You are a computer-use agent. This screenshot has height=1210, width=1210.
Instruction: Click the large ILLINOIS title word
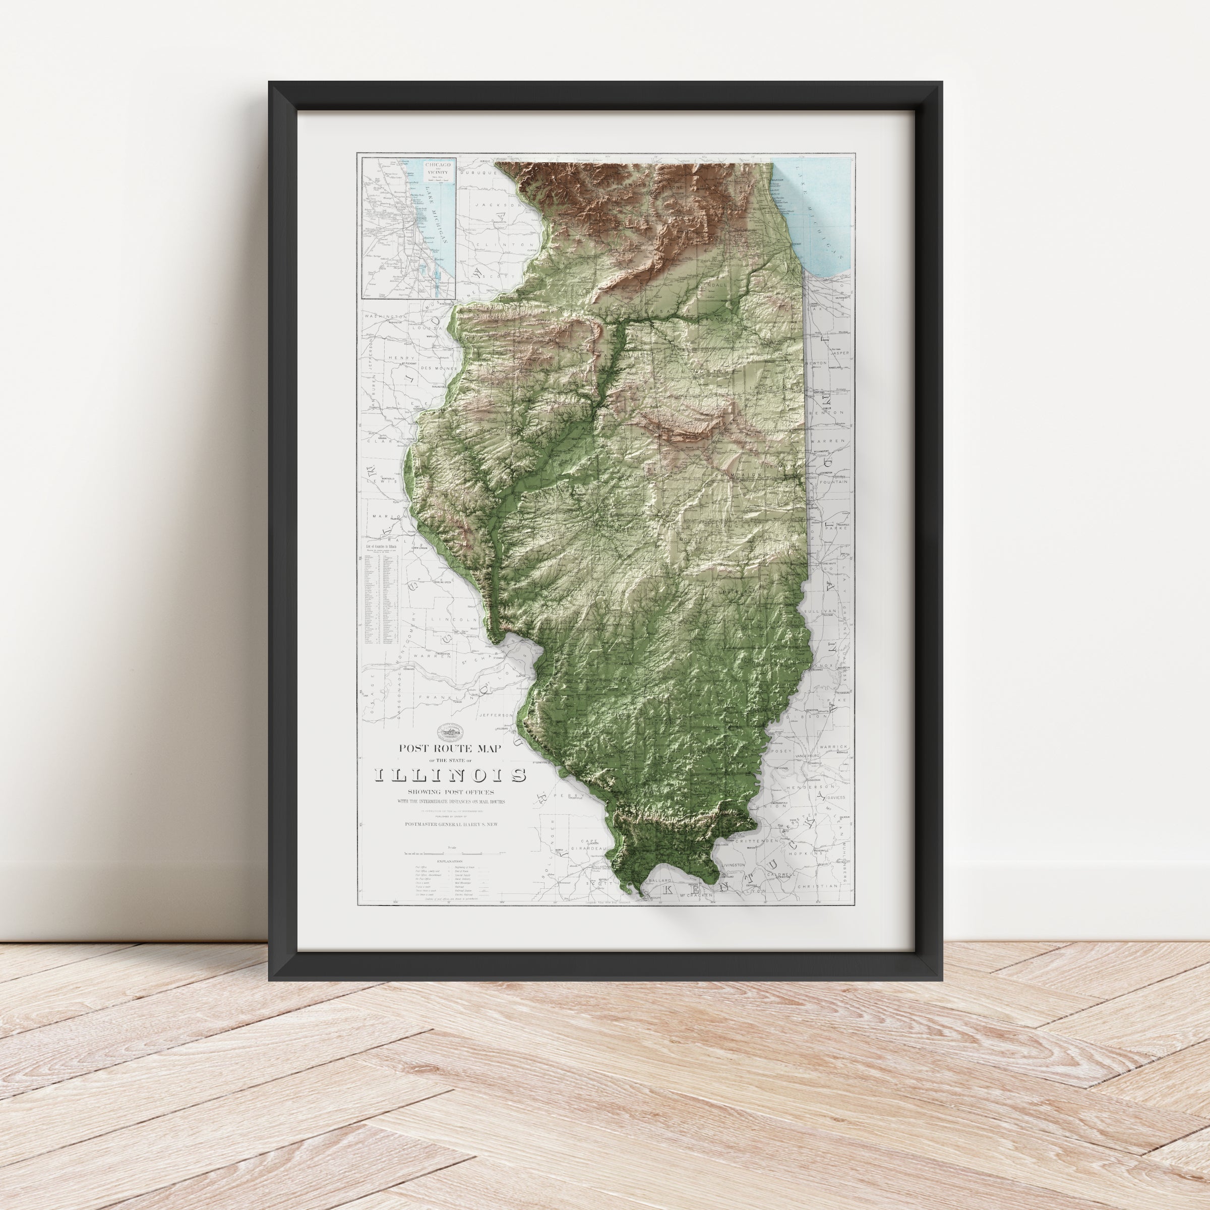(450, 776)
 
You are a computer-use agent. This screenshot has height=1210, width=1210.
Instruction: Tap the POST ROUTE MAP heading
(450, 748)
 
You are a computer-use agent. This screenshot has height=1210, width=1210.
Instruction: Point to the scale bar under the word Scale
(450, 853)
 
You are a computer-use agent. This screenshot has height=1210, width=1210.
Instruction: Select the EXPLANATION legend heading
(450, 862)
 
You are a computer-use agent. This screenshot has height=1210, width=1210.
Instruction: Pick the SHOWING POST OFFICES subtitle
(450, 793)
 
